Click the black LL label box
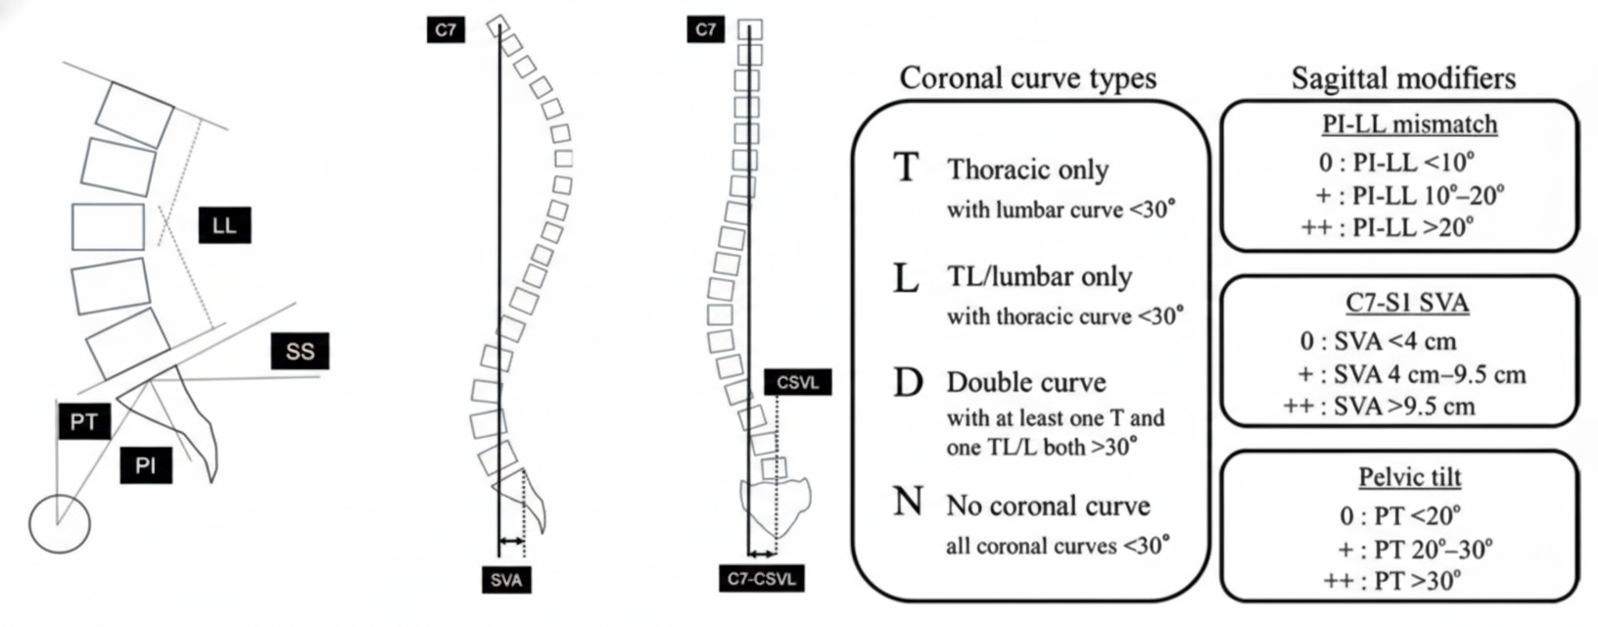224,225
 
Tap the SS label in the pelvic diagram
300,351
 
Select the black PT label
83,422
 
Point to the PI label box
146,464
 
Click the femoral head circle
59,523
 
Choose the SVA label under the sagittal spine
506,580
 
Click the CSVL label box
797,381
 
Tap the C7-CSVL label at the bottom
761,578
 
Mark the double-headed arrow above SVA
511,540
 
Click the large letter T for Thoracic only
907,168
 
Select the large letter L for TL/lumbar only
906,278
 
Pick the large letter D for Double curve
908,382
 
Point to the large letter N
908,502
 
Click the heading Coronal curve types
1027,78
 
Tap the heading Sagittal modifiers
1403,78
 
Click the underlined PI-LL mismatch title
1408,124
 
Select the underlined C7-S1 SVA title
1407,303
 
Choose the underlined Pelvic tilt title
1409,477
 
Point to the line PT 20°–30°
1415,549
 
